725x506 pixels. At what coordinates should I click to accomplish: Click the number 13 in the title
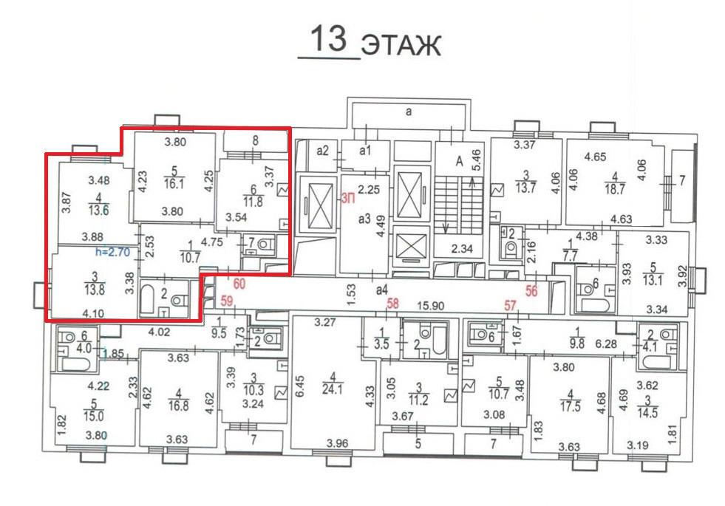tap(329, 38)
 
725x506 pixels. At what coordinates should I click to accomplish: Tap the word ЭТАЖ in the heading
tap(401, 46)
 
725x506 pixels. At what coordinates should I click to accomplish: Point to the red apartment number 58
tap(392, 304)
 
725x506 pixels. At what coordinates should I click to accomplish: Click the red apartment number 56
tap(531, 290)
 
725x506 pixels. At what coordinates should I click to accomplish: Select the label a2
tap(322, 151)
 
